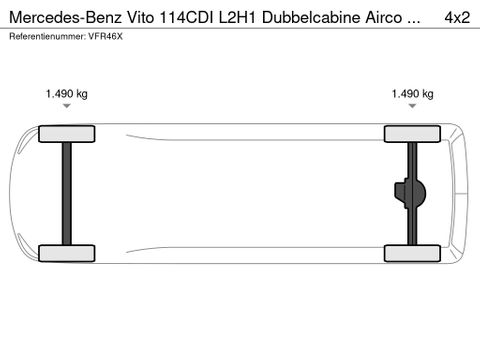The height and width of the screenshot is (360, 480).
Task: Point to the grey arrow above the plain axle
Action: (67, 105)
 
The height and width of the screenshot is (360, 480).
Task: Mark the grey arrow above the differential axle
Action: (412, 105)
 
